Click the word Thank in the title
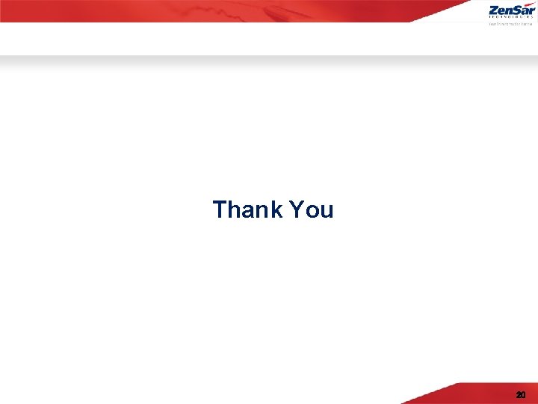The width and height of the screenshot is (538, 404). [x=247, y=209]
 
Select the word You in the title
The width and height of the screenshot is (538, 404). [x=311, y=209]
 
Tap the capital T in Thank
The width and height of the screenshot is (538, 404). [x=220, y=209]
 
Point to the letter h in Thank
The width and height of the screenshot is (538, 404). [x=235, y=209]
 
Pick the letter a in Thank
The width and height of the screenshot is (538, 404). [x=247, y=211]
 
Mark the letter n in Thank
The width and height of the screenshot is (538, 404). [x=261, y=211]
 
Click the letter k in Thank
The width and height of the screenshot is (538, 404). [x=274, y=209]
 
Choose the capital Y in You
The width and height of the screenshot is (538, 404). [x=296, y=209]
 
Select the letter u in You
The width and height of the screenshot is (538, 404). [x=325, y=211]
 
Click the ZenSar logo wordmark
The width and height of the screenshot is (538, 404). [x=512, y=11]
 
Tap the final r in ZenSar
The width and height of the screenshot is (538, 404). [x=532, y=12]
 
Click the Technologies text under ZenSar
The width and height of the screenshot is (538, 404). [x=512, y=19]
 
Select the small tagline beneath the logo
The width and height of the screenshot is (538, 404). [x=512, y=24]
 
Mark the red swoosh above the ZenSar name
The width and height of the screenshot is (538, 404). [x=529, y=4]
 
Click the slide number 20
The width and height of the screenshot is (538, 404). [x=520, y=394]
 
